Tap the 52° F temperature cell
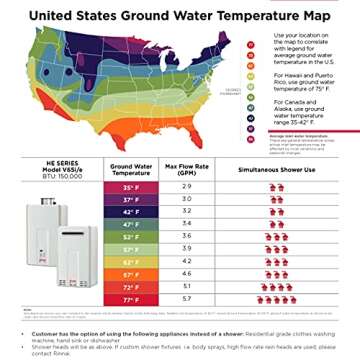pos(130,236)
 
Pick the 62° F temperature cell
pos(130,260)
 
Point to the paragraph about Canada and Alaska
pos(298,114)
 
